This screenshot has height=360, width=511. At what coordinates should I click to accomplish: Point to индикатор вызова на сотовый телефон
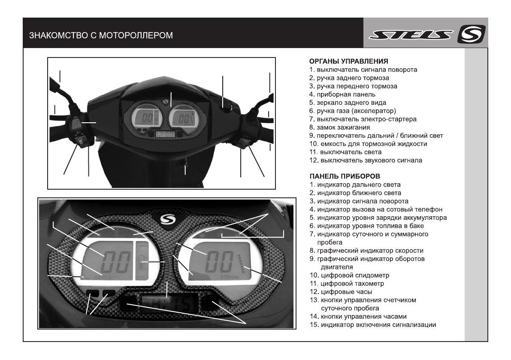click(379, 209)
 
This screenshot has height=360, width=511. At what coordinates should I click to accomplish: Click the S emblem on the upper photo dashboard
click(167, 101)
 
